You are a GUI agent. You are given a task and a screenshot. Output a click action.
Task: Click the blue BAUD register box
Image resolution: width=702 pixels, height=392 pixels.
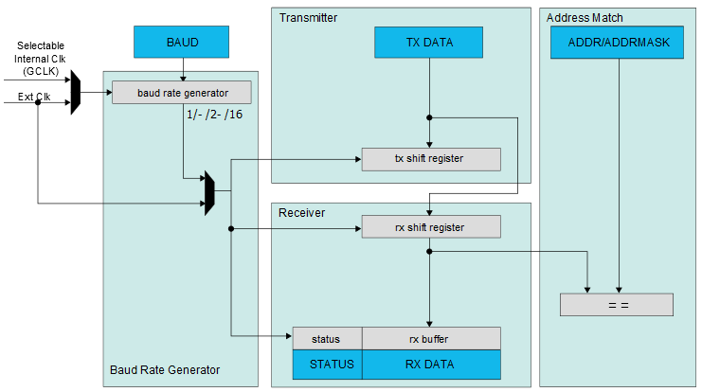tap(183, 42)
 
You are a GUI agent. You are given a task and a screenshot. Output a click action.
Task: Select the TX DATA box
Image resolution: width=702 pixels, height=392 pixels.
tap(429, 42)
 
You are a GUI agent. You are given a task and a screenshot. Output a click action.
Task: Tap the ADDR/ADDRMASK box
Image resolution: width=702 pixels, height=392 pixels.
tap(618, 42)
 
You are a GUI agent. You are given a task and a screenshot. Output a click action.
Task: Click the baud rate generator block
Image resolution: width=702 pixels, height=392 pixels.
tap(182, 92)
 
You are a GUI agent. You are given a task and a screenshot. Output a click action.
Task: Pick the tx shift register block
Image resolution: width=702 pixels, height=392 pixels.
tap(431, 159)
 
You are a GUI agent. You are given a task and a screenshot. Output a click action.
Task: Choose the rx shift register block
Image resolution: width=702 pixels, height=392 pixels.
tap(431, 227)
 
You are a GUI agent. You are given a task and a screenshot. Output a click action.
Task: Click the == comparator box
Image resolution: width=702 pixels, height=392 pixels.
tap(617, 305)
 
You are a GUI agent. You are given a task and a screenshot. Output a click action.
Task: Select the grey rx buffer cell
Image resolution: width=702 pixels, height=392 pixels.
tap(431, 338)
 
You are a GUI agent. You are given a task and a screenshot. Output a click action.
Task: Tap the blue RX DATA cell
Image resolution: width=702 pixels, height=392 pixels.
tap(431, 363)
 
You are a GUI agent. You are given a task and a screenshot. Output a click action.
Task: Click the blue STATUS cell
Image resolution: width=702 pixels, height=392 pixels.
tap(327, 363)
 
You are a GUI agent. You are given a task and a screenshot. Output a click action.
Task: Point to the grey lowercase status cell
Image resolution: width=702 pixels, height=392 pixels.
tap(327, 338)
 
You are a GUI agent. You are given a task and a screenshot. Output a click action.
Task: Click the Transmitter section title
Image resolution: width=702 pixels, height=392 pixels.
tap(308, 18)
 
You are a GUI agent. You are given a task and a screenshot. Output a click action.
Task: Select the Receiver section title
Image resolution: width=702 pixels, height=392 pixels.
tap(301, 213)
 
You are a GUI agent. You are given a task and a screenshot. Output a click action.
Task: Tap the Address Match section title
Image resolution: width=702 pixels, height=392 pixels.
tap(585, 18)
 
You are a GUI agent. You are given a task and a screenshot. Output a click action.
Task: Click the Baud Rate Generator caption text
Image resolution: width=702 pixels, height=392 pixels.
tap(165, 369)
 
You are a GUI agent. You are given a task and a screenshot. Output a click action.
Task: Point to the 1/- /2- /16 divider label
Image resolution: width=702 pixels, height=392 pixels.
tap(215, 115)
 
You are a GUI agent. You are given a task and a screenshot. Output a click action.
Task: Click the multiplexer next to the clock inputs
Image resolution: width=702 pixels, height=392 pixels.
tap(76, 92)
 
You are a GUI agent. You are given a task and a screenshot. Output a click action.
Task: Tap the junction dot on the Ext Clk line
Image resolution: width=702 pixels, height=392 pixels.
tap(38, 101)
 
